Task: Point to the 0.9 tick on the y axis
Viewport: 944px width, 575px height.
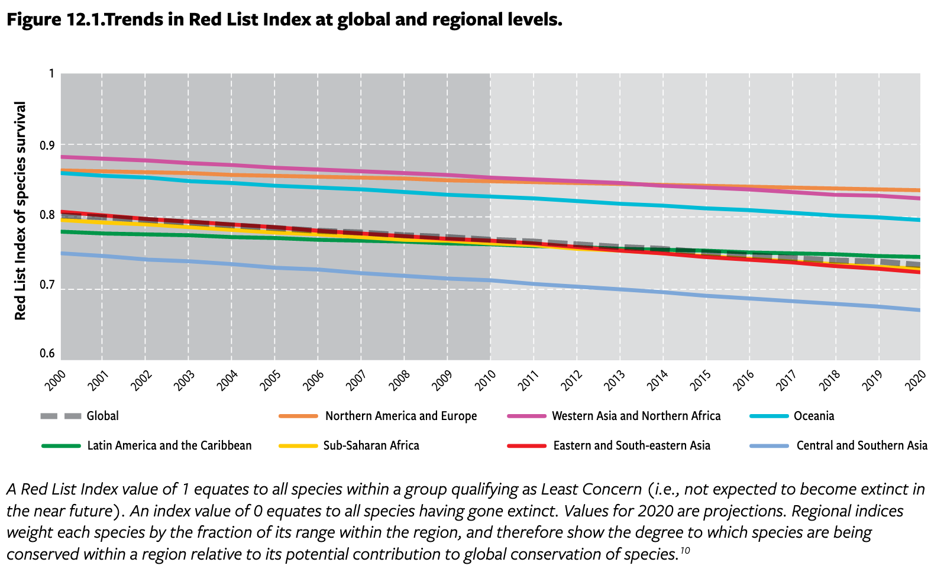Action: click(x=47, y=145)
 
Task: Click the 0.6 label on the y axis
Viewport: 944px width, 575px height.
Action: click(x=47, y=354)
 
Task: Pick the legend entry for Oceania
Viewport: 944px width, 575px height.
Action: click(x=813, y=416)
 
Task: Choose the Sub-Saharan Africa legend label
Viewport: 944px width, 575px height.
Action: click(x=371, y=445)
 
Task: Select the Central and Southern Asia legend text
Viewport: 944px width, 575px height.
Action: click(x=861, y=445)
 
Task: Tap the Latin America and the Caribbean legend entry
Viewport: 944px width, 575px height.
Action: click(x=169, y=445)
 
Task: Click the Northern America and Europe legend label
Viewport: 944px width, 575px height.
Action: click(x=400, y=416)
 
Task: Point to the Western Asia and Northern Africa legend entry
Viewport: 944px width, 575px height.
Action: click(x=636, y=416)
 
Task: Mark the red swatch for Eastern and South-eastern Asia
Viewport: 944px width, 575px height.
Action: click(x=526, y=445)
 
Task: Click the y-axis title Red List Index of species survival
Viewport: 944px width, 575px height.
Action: click(x=21, y=211)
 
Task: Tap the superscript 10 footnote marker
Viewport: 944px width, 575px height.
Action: click(x=684, y=551)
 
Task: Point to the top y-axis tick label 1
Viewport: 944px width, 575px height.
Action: click(x=51, y=73)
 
